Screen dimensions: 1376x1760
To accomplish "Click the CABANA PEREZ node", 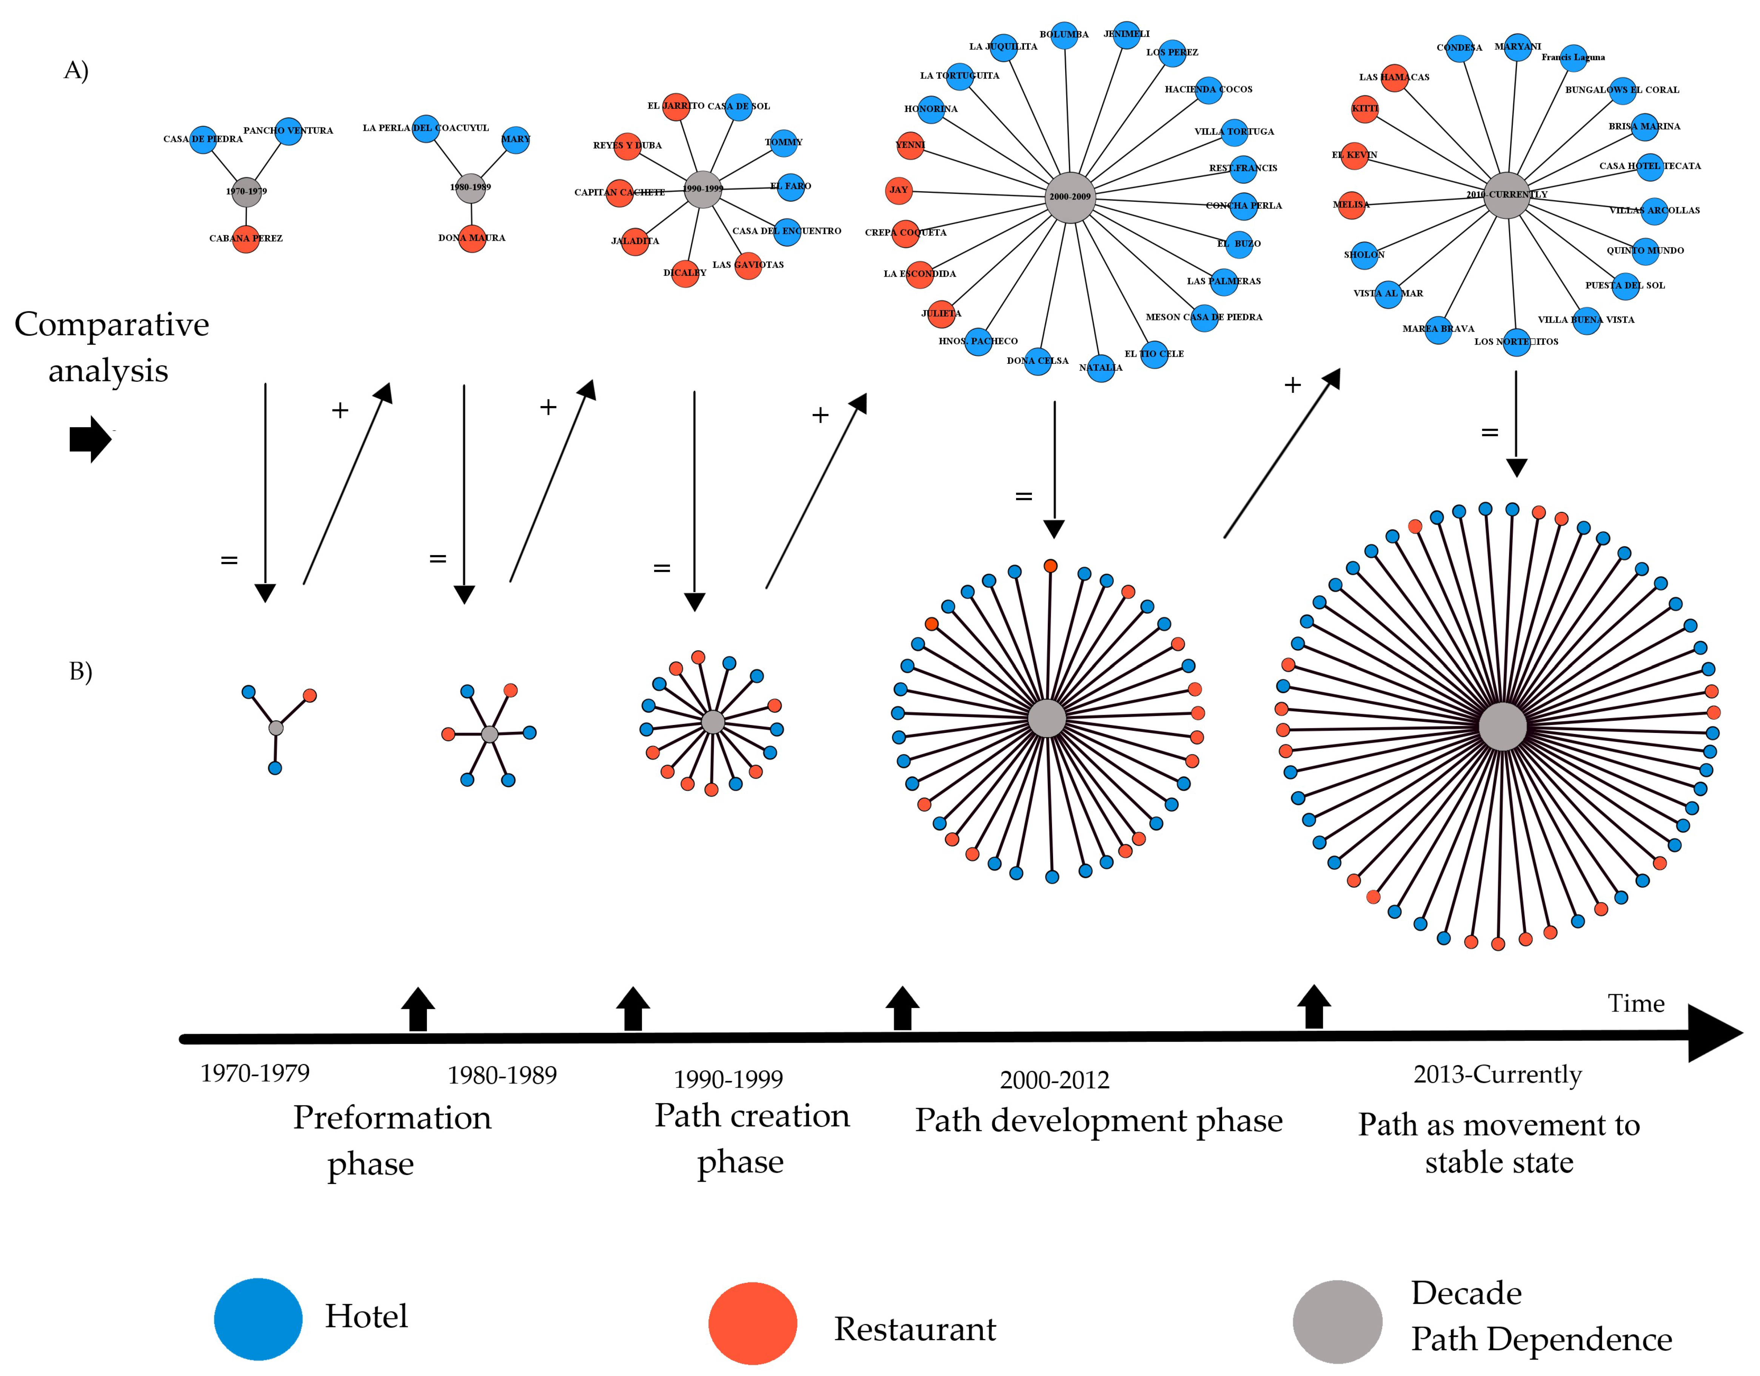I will (246, 239).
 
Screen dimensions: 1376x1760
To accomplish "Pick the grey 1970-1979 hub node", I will (246, 192).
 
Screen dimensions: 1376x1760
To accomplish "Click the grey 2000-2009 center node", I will (1071, 197).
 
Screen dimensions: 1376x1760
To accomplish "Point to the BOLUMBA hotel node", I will (1064, 35).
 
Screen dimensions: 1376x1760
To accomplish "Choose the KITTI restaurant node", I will (1364, 109).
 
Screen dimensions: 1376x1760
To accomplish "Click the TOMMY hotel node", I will (783, 143).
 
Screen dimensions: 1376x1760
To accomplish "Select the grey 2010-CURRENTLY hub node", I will (1506, 195).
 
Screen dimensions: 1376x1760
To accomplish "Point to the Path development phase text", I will (1098, 1121).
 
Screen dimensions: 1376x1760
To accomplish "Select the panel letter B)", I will (81, 671).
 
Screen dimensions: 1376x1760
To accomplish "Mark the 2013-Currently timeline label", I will (1497, 1075).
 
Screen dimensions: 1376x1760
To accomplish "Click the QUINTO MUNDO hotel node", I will (1645, 251).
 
